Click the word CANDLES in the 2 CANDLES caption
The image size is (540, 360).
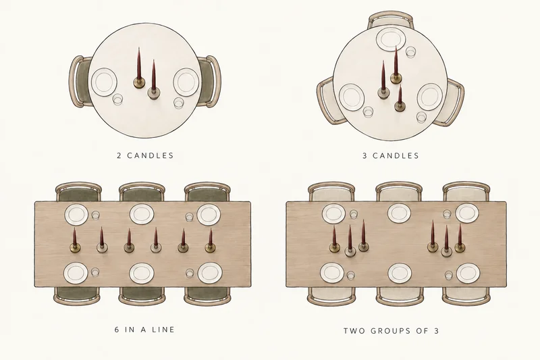151,155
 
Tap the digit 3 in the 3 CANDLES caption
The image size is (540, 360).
364,156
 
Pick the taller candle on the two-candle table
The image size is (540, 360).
139,69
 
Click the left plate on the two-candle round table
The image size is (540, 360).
104,82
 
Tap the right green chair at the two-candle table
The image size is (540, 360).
209,82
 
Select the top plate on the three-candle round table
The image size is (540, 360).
390,40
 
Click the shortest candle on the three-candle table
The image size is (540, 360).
400,99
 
